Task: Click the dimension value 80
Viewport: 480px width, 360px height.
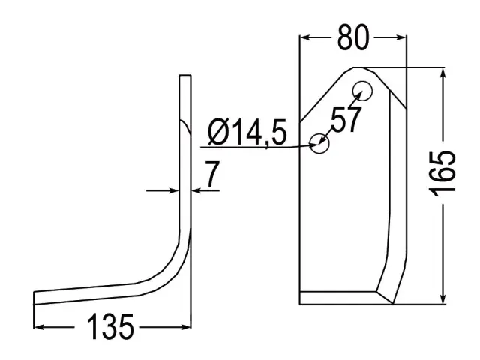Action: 353,37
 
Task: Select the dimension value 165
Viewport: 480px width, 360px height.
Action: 442,174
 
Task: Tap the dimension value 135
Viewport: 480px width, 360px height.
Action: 110,327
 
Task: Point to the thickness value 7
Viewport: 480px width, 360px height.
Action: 212,174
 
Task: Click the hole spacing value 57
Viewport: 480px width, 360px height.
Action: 346,119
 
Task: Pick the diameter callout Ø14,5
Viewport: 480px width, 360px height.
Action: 247,132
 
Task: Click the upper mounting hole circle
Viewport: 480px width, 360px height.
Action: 362,91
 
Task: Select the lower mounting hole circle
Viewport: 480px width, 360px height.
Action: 319,143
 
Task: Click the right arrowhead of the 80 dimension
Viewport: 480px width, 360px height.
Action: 400,37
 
